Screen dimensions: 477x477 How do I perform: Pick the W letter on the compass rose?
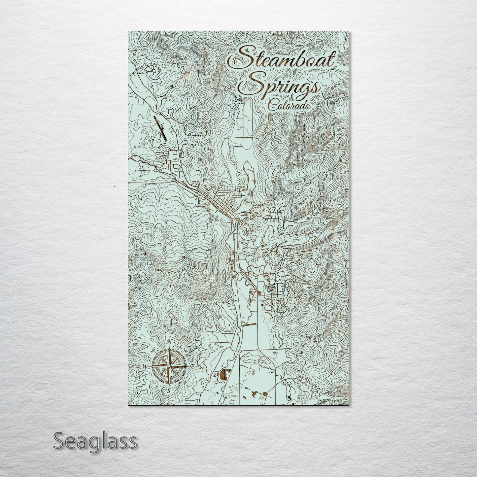(x=144, y=367)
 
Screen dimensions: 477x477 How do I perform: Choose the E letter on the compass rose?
(x=193, y=367)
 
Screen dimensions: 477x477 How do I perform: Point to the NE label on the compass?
(x=185, y=351)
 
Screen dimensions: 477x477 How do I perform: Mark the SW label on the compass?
(x=153, y=382)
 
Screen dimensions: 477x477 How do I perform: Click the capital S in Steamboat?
(x=241, y=58)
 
